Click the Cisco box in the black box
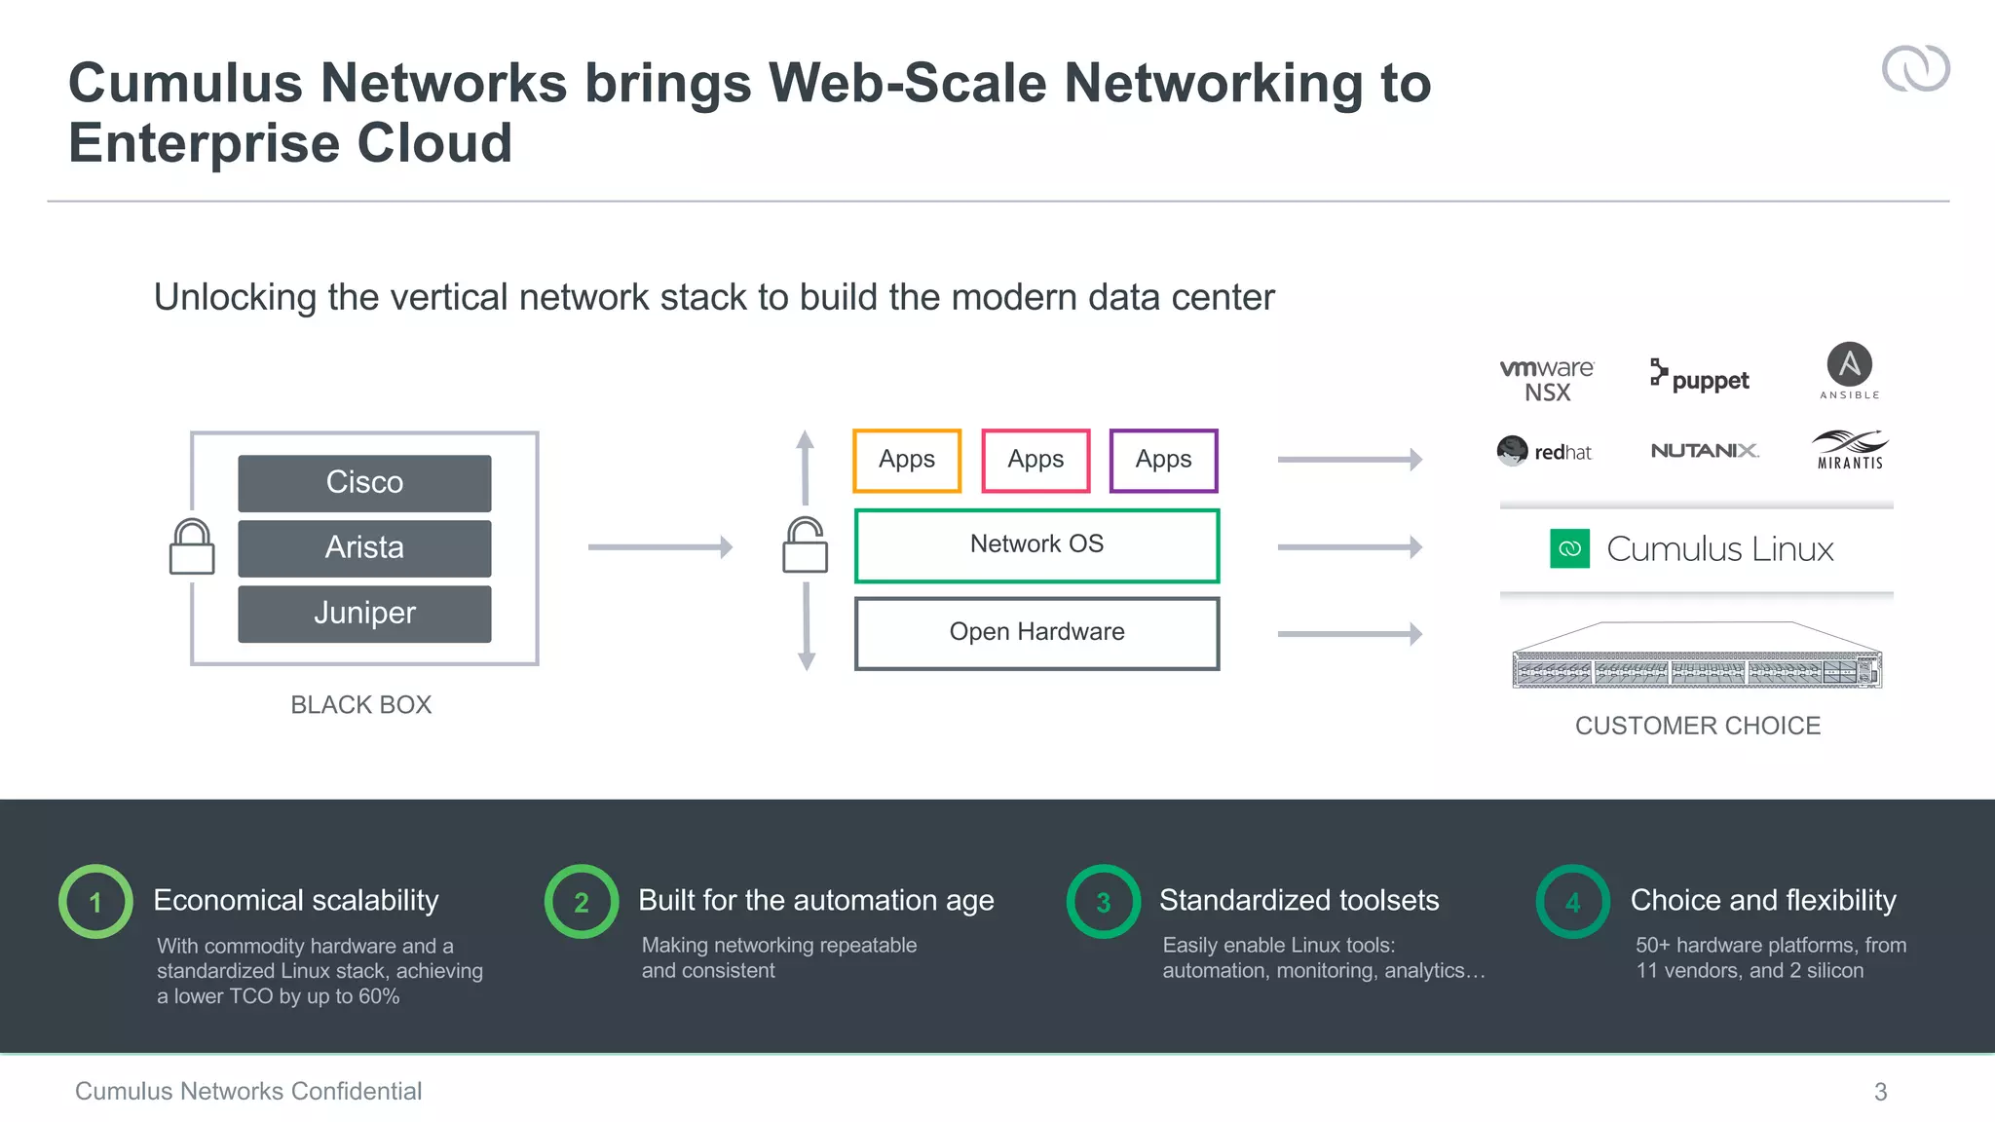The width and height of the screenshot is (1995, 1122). click(x=364, y=483)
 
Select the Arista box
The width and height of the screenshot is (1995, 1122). click(x=364, y=548)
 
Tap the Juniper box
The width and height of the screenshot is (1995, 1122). click(x=364, y=614)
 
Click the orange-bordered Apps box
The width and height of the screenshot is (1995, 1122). click(x=907, y=460)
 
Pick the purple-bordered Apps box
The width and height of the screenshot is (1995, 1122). click(x=1163, y=460)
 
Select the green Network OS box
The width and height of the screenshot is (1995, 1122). click(x=1036, y=545)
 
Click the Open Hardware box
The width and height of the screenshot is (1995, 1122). click(x=1036, y=633)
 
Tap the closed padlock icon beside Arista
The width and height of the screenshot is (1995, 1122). click(x=192, y=547)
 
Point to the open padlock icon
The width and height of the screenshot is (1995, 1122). click(x=806, y=545)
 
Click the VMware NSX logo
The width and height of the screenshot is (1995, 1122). click(x=1547, y=380)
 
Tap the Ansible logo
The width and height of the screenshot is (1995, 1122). click(x=1849, y=370)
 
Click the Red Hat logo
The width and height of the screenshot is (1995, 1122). click(x=1544, y=451)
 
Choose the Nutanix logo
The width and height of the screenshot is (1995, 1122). click(x=1705, y=451)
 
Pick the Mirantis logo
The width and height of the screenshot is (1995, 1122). click(x=1850, y=450)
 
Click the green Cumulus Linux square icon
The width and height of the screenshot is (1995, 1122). click(x=1569, y=548)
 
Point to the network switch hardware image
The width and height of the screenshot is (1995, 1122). click(x=1696, y=657)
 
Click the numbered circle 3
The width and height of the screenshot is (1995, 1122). click(x=1103, y=902)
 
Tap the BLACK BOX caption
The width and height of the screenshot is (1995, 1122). click(x=360, y=705)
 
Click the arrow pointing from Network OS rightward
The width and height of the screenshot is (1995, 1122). click(x=1349, y=547)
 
